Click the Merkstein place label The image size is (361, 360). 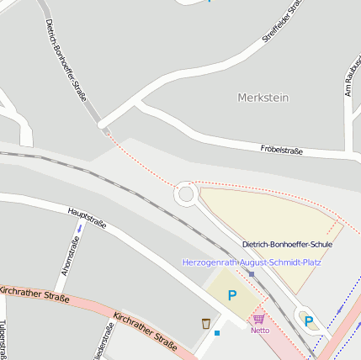pyautogui.click(x=263, y=98)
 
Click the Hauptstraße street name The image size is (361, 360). pyautogui.click(x=87, y=219)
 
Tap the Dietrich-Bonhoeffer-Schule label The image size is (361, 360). pyautogui.click(x=287, y=245)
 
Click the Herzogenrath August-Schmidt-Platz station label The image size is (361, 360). pyautogui.click(x=252, y=262)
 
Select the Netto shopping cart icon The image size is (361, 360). pyautogui.click(x=258, y=319)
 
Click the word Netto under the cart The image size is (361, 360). pyautogui.click(x=260, y=330)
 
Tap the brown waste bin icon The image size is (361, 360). pyautogui.click(x=205, y=323)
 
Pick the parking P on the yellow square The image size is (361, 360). pyautogui.click(x=232, y=296)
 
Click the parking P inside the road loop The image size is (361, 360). pyautogui.click(x=308, y=320)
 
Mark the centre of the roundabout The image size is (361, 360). pyautogui.click(x=185, y=195)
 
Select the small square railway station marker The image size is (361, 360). pyautogui.click(x=251, y=273)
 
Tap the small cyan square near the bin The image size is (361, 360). pyautogui.click(x=217, y=333)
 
